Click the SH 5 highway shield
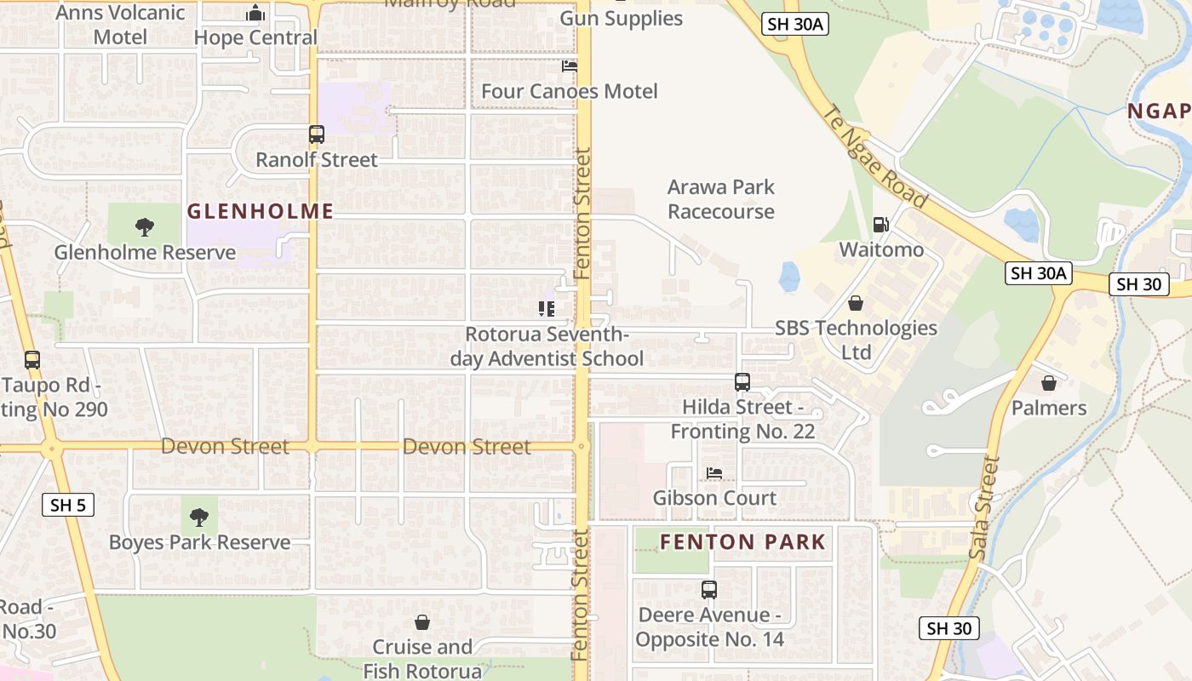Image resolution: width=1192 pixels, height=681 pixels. tap(67, 505)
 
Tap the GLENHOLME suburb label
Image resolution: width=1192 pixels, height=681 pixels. tap(260, 211)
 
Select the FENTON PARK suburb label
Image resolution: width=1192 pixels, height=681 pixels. tap(742, 541)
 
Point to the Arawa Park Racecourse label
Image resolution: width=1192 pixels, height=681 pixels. tap(721, 199)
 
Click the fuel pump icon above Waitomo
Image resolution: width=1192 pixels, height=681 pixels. tap(880, 225)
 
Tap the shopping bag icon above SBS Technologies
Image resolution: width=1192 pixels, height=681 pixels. tap(855, 303)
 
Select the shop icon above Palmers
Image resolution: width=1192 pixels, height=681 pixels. tap(1048, 383)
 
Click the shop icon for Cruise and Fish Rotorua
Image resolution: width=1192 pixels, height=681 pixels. tap(421, 622)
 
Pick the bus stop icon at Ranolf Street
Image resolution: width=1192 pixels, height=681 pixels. tap(316, 134)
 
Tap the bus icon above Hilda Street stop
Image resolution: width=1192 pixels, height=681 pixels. tap(742, 382)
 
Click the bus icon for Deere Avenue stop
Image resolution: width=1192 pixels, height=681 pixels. tap(708, 589)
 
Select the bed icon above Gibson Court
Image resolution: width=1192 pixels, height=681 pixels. tap(713, 472)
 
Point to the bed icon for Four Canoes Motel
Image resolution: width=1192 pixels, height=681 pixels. tap(569, 66)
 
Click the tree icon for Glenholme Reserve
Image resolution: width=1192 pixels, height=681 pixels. tap(145, 226)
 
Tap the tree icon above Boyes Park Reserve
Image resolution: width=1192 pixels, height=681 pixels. tap(198, 517)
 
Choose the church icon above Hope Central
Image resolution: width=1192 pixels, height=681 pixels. tap(255, 13)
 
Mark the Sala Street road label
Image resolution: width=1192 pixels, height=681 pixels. tap(984, 508)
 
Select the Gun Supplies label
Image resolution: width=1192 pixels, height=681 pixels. tap(621, 18)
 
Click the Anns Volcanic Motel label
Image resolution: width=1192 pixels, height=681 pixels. tap(120, 25)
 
